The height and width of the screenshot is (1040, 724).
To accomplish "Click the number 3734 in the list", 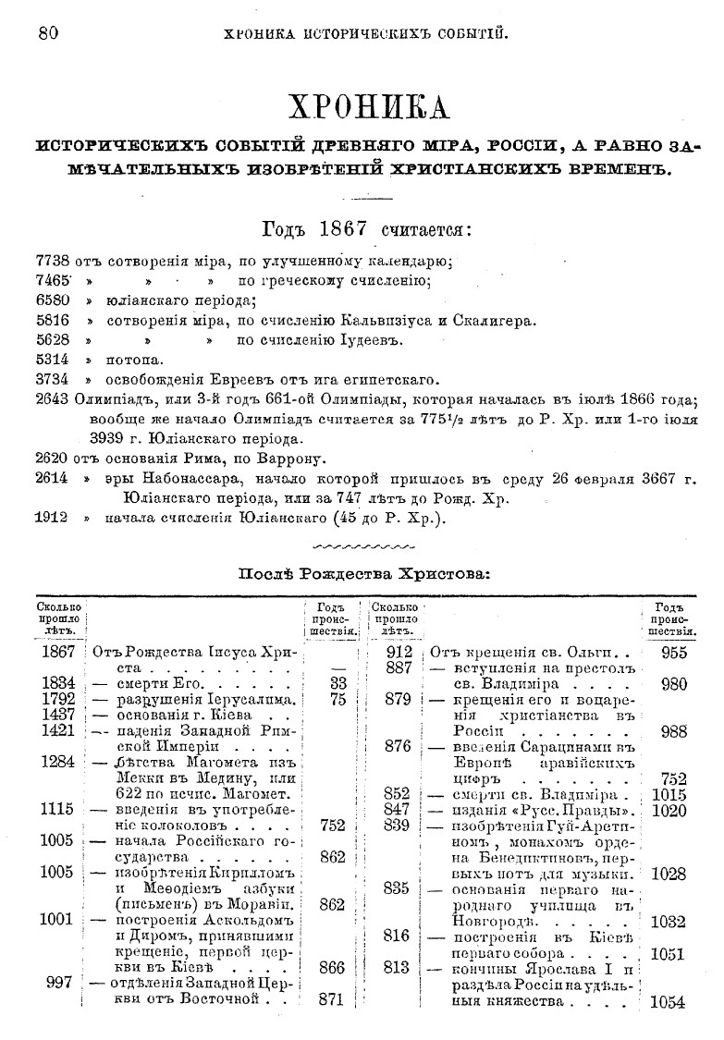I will click(x=52, y=379).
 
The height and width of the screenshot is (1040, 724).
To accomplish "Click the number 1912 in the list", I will click(x=52, y=518).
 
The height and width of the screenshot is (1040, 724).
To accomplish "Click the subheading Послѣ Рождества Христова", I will click(x=364, y=573).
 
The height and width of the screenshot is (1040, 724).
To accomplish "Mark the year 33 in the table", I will click(x=337, y=683).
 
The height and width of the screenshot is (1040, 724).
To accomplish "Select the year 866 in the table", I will click(x=331, y=967).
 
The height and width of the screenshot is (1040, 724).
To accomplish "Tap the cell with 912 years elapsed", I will click(x=397, y=652).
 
